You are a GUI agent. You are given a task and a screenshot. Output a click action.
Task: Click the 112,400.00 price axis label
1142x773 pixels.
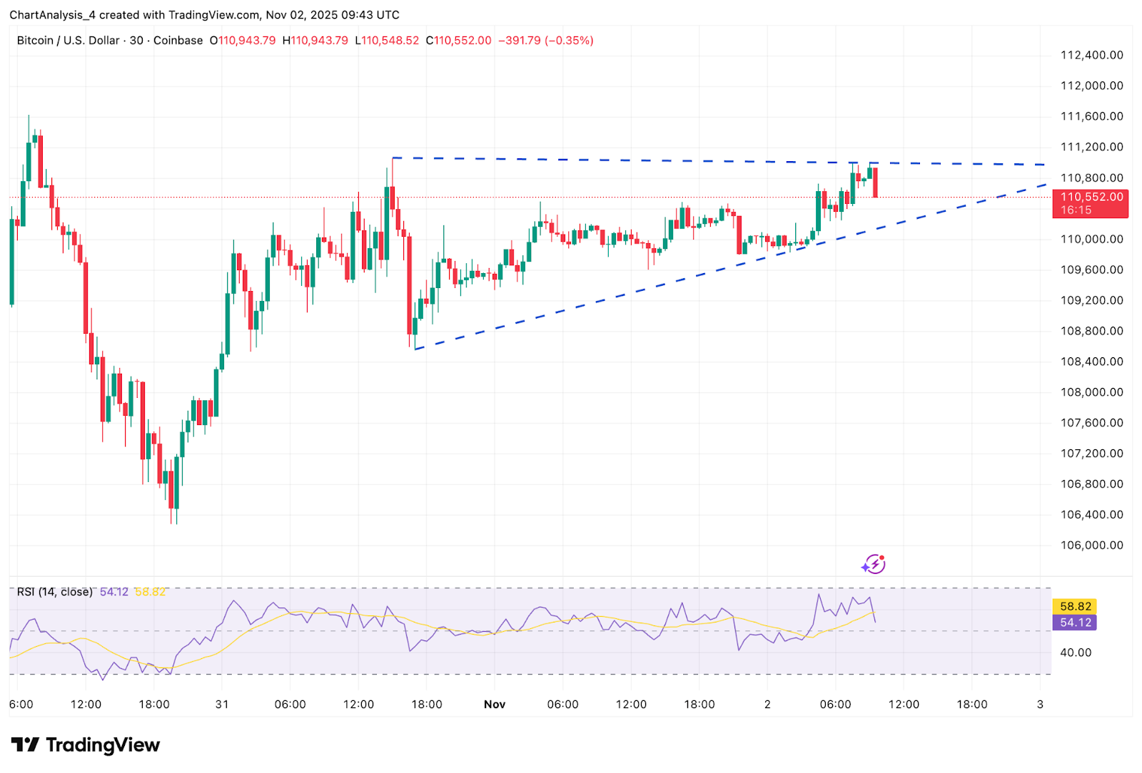(x=1091, y=55)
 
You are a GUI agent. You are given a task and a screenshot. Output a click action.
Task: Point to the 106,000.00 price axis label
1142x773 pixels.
(x=1091, y=545)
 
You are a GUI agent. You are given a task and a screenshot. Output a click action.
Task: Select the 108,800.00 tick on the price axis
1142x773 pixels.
(x=1091, y=331)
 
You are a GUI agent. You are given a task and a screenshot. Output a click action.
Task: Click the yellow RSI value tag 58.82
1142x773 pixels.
(x=1075, y=606)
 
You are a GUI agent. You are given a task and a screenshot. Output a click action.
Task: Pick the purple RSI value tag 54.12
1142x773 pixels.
(x=1075, y=623)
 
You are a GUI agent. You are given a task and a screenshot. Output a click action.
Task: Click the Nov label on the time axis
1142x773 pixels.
(x=494, y=705)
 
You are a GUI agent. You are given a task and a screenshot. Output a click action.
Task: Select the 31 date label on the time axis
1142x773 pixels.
(x=222, y=705)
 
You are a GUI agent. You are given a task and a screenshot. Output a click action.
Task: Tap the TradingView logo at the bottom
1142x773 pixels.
(x=86, y=745)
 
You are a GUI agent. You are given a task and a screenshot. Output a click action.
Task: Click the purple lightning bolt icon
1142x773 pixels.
(x=874, y=564)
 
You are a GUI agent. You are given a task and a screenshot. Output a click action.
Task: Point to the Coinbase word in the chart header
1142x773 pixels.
(x=178, y=40)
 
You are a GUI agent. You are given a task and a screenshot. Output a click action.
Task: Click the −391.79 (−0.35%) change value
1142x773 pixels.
(x=545, y=40)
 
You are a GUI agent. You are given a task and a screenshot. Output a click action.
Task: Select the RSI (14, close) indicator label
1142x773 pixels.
(x=54, y=592)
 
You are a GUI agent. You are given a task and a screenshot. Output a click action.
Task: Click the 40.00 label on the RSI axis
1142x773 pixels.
(x=1076, y=652)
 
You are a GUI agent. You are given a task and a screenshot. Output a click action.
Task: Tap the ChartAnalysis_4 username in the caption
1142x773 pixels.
(x=53, y=15)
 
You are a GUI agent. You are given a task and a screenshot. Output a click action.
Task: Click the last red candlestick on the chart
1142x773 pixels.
(x=875, y=182)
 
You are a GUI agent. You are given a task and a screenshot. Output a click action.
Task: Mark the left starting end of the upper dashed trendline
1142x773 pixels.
(x=392, y=158)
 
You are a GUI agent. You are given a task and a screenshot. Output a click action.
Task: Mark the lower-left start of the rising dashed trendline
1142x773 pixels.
(x=415, y=349)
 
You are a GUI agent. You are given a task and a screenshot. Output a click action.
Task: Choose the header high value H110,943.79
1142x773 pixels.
(x=315, y=40)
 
